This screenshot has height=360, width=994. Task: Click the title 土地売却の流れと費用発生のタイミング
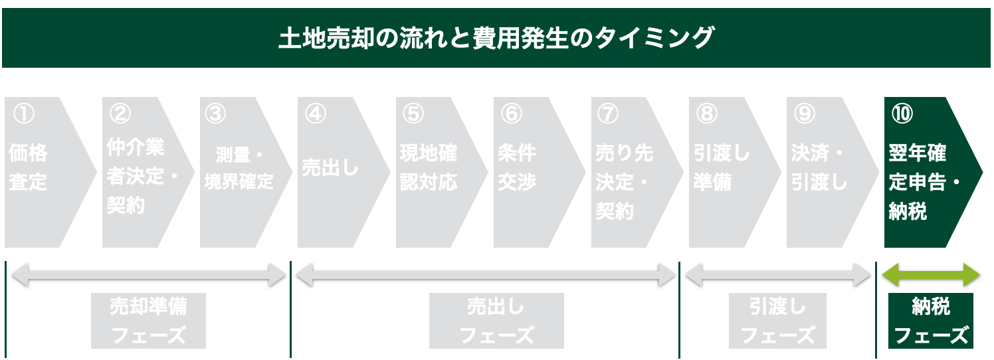click(x=496, y=38)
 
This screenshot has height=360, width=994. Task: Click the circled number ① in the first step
click(x=24, y=114)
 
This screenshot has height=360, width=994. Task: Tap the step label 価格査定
click(x=28, y=167)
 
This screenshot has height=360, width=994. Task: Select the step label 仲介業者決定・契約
click(x=143, y=176)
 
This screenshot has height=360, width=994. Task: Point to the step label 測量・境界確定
click(x=239, y=168)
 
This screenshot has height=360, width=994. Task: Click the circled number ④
click(x=316, y=114)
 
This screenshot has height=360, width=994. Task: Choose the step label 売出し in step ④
click(x=330, y=168)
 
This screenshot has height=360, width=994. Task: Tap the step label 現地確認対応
click(x=428, y=167)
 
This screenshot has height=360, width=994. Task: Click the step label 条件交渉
click(x=517, y=167)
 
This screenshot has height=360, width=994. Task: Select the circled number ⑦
click(x=608, y=114)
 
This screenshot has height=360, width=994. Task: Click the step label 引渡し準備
click(x=721, y=167)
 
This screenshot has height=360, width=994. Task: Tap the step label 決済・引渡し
click(x=819, y=167)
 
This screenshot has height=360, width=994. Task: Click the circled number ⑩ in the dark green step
click(x=902, y=114)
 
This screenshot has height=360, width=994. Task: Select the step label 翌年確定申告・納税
click(x=925, y=182)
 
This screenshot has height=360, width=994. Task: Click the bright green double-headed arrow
click(x=931, y=275)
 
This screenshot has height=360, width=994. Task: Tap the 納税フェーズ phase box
click(x=931, y=321)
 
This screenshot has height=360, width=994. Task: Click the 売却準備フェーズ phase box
click(x=148, y=321)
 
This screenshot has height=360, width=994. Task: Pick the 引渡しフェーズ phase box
click(x=777, y=321)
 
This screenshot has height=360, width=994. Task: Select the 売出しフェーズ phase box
click(x=496, y=321)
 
